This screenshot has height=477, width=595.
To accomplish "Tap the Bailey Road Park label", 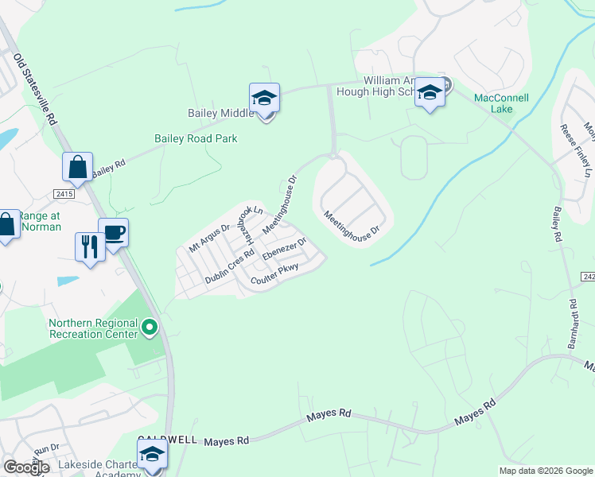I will coord(196,138).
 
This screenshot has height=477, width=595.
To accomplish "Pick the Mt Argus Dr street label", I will coord(209,238).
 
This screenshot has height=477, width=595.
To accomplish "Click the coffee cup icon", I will coord(114,232).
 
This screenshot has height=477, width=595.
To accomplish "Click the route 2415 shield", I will coord(64,194).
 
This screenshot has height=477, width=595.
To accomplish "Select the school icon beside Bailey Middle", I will coord(264,98).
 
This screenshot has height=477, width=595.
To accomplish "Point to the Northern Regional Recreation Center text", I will coord(93,328).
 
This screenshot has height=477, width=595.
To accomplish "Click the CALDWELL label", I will coord(166,439).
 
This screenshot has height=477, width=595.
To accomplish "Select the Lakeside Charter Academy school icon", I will coord(151,456).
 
